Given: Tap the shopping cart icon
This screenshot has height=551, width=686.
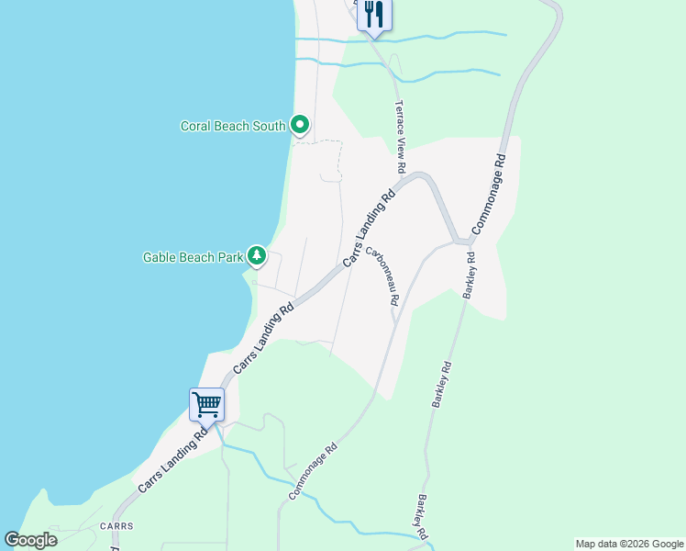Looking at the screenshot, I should tap(206, 404).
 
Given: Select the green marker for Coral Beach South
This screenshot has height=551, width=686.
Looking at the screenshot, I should tap(300, 124).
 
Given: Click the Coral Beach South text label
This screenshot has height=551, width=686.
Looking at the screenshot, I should tap(233, 126).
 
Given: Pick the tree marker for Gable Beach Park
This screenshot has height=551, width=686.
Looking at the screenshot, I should tap(258, 255).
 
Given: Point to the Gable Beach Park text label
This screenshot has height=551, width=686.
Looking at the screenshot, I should tap(193, 257).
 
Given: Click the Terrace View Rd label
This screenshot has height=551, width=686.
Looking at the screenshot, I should tap(400, 138).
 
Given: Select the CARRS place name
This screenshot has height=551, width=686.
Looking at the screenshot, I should tap(117, 526).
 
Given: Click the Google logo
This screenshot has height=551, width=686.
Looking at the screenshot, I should tap(30, 540).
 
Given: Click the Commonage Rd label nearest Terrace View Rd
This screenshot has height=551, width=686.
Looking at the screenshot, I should tap(489, 191).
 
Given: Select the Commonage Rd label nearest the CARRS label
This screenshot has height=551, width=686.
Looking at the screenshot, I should tap(313, 471).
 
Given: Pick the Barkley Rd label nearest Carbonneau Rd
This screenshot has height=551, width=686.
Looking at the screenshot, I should tap(469, 275).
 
